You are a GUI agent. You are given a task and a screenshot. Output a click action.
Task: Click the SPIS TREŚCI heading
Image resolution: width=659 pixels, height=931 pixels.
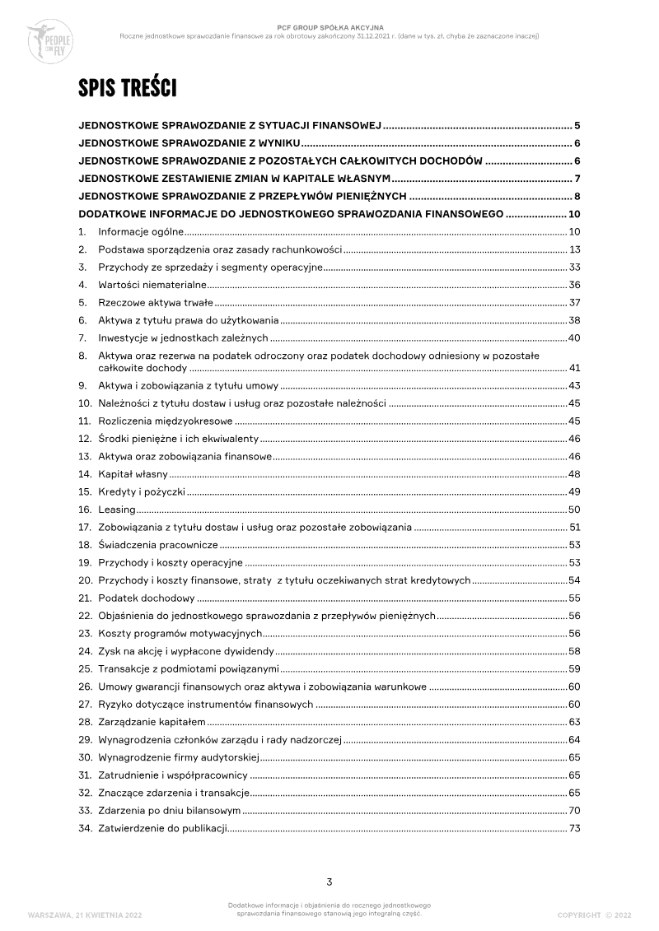coord(127,88)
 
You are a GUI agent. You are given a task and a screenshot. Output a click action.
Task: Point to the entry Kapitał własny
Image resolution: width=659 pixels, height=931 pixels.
coord(133,474)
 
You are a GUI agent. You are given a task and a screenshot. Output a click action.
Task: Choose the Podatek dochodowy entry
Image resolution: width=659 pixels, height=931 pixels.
coord(146,598)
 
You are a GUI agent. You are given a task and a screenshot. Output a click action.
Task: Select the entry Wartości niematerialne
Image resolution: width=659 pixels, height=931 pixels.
coord(152,284)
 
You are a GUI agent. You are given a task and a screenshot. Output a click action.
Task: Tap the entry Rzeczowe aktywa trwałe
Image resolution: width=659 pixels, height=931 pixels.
coord(156,302)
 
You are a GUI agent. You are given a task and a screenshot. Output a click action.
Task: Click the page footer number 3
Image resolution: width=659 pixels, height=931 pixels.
coord(329,882)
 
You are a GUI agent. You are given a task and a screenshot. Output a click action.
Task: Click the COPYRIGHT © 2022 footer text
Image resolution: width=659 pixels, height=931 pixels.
coord(594,914)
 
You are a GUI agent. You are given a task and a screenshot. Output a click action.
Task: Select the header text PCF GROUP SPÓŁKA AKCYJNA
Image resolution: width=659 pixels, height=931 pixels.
coord(329,27)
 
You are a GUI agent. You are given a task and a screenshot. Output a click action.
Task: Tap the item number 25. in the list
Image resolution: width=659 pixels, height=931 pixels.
coord(85,668)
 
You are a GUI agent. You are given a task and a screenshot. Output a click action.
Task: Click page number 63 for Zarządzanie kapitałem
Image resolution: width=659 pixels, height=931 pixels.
coord(575,721)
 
